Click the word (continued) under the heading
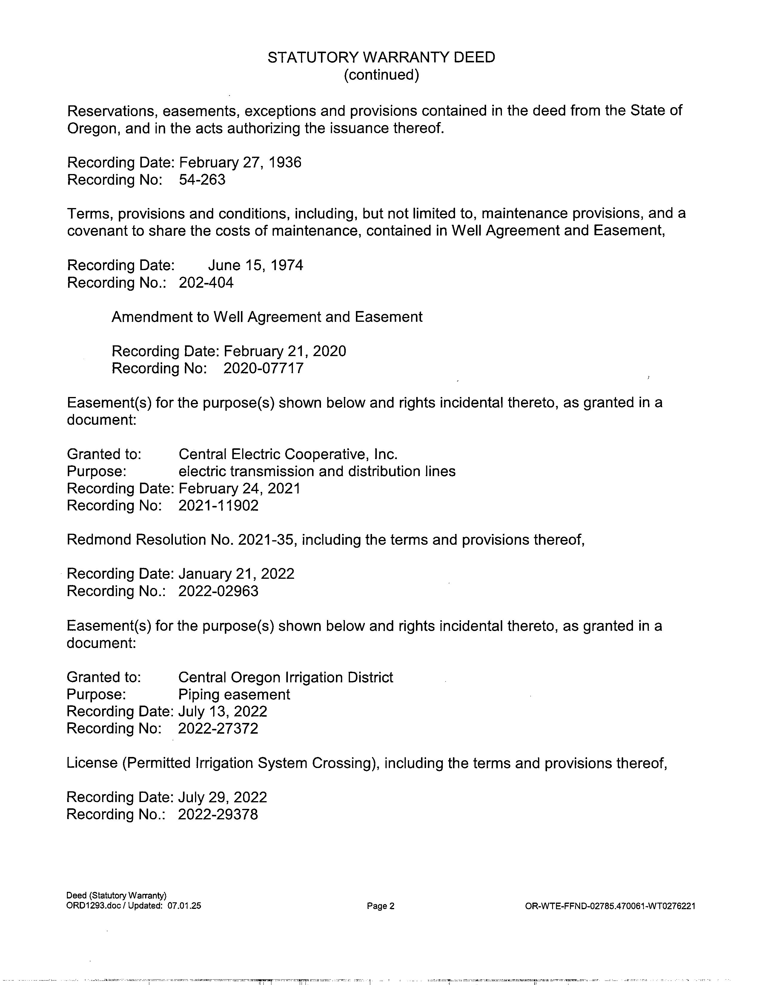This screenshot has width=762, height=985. coord(381,75)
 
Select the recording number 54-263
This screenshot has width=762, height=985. coord(202,180)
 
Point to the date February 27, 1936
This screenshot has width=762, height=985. coord(240,162)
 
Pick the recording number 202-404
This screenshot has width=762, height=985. coord(206,283)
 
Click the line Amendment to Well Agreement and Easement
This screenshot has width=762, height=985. coord(267,317)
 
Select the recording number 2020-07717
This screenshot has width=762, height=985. coord(263,368)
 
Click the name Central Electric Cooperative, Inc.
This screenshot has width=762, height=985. coord(288,454)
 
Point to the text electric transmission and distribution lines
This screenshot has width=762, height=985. coord(317,471)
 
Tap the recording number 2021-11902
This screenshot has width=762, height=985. coord(218,506)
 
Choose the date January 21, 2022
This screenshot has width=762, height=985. coord(236,574)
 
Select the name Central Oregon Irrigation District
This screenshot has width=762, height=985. coord(285,678)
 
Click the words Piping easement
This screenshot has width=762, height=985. coord(234,695)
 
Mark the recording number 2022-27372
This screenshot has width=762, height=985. coord(218,729)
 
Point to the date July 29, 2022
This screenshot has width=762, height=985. coord(222,797)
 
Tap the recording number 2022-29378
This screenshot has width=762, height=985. coord(218,815)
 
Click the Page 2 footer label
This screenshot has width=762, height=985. coord(381,906)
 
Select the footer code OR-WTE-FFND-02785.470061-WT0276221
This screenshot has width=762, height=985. coord(610,906)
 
